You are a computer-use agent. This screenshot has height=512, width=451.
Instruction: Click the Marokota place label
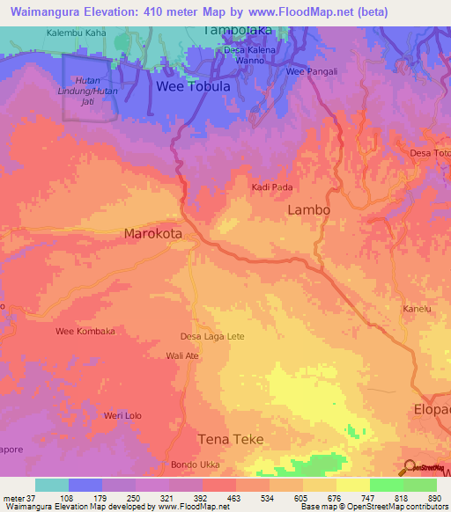[x=152, y=235]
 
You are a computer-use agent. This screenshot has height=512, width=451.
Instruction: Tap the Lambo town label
[x=309, y=210]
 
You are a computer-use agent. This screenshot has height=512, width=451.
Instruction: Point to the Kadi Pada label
[x=272, y=187]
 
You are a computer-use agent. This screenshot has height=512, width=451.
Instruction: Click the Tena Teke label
[x=231, y=439]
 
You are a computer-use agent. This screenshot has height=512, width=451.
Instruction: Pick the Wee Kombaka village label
[x=85, y=331]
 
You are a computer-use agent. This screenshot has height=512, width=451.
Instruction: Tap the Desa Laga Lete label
[x=212, y=336]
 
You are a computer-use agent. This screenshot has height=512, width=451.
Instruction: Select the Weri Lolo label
[x=122, y=415]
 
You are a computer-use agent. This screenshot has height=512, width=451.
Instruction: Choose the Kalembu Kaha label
[x=77, y=33]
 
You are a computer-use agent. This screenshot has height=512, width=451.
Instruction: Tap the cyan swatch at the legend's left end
[x=51, y=485]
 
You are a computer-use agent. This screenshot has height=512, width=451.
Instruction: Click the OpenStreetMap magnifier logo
[x=408, y=466]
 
